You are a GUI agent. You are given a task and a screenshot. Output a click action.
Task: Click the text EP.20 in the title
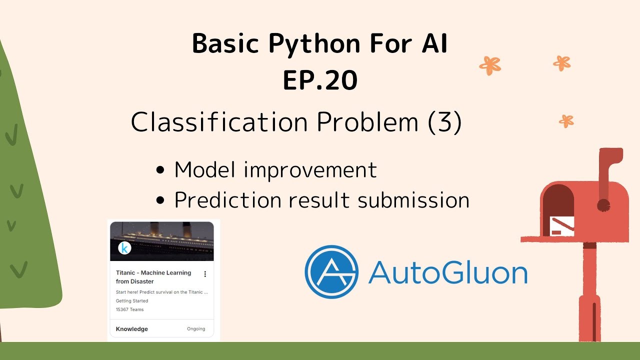tap(320, 80)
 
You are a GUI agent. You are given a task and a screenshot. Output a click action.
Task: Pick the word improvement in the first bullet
tap(310, 170)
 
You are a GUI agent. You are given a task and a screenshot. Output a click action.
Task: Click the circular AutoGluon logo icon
tap(331, 271)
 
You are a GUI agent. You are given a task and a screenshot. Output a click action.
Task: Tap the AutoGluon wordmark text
tap(447, 272)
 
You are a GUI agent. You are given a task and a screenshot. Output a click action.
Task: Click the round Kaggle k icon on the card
tap(124, 248)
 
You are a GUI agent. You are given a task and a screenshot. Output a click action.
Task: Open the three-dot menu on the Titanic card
tap(205, 274)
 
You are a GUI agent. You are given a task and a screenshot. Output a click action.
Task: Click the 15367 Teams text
tap(129, 309)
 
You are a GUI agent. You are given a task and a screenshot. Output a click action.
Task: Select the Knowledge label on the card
tap(131, 329)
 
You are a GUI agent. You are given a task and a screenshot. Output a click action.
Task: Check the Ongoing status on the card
tap(196, 329)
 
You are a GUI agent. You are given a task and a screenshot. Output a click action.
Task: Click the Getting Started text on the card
tap(132, 301)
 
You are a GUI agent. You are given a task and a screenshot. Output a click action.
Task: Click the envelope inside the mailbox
tap(561, 225)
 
